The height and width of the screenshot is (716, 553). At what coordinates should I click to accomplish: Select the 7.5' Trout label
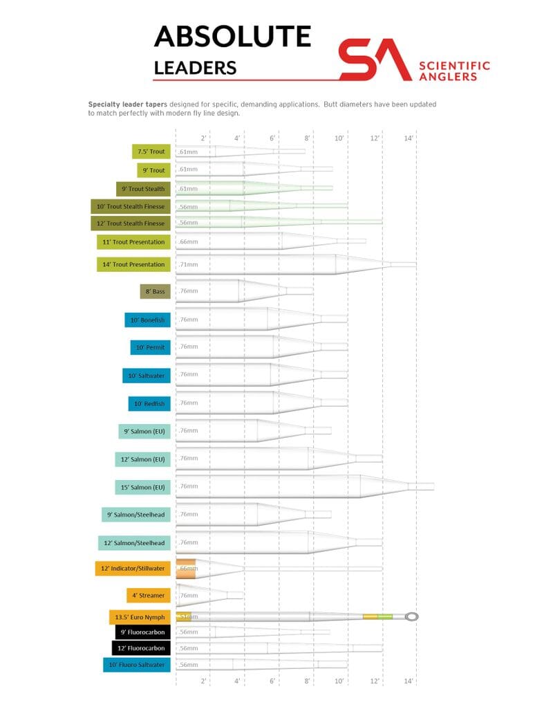(151, 152)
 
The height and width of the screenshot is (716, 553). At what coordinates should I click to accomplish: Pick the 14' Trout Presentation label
(133, 264)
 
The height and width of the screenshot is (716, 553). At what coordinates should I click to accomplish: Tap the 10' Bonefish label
(147, 320)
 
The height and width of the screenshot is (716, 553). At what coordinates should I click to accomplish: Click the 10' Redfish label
(149, 403)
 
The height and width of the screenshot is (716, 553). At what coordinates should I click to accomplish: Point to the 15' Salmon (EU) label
(142, 486)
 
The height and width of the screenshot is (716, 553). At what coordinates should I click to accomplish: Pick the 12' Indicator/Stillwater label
(132, 569)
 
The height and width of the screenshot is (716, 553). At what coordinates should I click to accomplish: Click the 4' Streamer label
(147, 595)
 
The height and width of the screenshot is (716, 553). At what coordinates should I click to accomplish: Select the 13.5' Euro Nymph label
(140, 616)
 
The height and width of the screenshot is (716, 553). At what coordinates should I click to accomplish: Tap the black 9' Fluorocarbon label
(143, 632)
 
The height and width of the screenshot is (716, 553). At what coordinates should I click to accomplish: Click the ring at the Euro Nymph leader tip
(412, 616)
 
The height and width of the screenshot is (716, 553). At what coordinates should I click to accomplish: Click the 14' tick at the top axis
(409, 138)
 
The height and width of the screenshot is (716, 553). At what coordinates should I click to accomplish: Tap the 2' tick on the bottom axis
(203, 681)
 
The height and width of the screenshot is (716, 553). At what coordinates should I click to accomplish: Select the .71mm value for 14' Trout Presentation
(188, 264)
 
